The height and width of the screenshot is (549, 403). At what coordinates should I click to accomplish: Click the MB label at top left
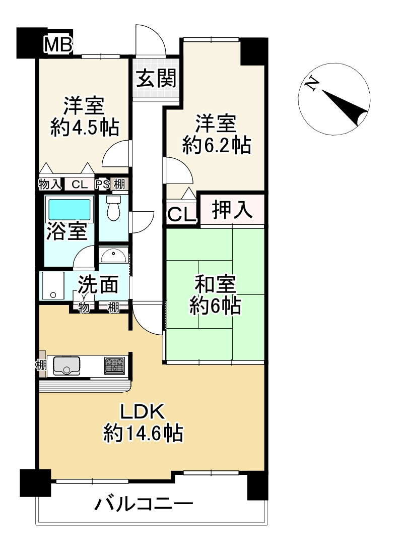58,45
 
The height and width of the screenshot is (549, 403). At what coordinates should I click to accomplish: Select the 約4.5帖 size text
85,127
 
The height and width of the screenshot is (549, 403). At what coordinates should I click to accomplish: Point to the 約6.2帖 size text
217,145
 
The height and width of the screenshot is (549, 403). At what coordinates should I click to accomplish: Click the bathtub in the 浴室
70,209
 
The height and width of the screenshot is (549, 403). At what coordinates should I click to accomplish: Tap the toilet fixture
113,208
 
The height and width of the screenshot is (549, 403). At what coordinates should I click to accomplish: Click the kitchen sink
67,365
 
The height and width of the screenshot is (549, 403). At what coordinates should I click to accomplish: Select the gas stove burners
114,365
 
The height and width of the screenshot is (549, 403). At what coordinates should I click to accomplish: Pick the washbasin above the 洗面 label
113,257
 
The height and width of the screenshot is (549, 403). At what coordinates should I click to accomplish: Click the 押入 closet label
232,210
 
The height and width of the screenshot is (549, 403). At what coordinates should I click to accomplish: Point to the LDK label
142,412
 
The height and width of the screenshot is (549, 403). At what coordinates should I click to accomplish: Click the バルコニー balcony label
144,505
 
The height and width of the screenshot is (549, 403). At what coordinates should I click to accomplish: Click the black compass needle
345,107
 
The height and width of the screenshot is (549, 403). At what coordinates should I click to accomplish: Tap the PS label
102,184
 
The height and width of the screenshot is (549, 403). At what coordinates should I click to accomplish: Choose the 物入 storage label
50,184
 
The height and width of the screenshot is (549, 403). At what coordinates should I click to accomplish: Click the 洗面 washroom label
98,284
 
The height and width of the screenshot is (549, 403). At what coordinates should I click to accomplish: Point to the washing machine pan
53,285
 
